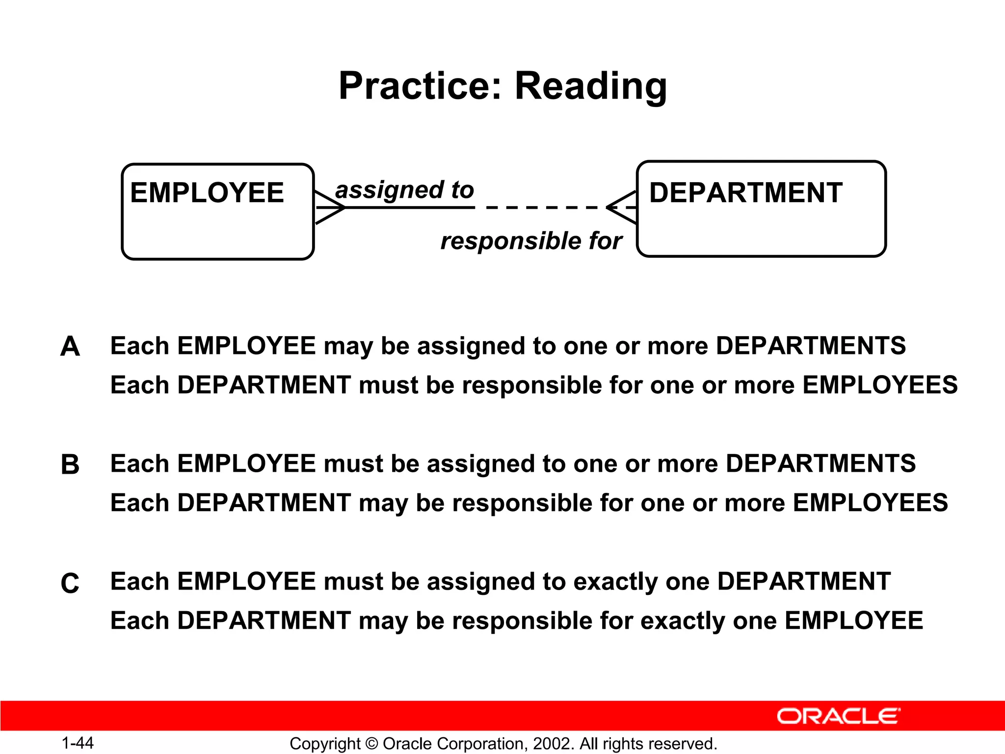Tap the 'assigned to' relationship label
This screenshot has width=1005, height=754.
pos(404,190)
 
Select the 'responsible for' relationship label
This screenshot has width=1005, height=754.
pos(531,241)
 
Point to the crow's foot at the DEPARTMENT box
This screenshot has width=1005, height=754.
pos(622,208)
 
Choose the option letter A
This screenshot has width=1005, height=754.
pos(70,347)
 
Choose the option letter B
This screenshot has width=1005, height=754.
pos(70,464)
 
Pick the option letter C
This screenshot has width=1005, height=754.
pos(70,583)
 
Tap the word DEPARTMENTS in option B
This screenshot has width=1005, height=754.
pos(820,464)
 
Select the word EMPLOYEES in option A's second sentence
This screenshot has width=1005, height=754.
pos(880,385)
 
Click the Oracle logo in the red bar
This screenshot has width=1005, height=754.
pos(838,716)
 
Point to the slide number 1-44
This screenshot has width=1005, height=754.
pos(78,743)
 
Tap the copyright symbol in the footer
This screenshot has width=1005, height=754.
pos(371,744)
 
